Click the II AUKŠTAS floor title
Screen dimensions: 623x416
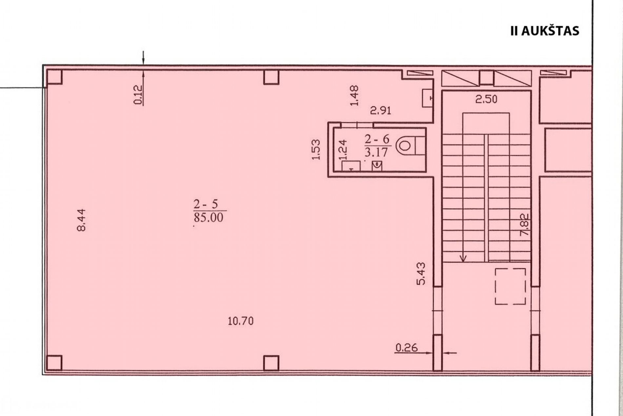545,30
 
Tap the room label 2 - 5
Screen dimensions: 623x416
206,204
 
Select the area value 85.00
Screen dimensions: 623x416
208,218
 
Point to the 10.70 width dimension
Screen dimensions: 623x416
241,321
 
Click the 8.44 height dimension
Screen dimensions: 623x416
81,220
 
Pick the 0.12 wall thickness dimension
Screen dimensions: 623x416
138,95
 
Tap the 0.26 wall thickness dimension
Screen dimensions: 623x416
407,348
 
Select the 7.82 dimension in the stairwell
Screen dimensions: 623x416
524,225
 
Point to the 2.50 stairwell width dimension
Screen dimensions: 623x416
486,99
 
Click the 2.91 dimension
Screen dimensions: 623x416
381,111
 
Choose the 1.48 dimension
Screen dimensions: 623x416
354,96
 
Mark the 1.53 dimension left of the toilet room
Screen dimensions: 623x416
315,150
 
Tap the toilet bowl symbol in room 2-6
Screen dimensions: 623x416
405,146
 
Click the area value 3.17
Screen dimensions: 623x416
376,152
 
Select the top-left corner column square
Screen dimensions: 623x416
54,77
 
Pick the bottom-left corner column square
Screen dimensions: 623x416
54,363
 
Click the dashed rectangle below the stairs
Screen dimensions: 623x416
510,286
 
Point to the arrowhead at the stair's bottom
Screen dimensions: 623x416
463,259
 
